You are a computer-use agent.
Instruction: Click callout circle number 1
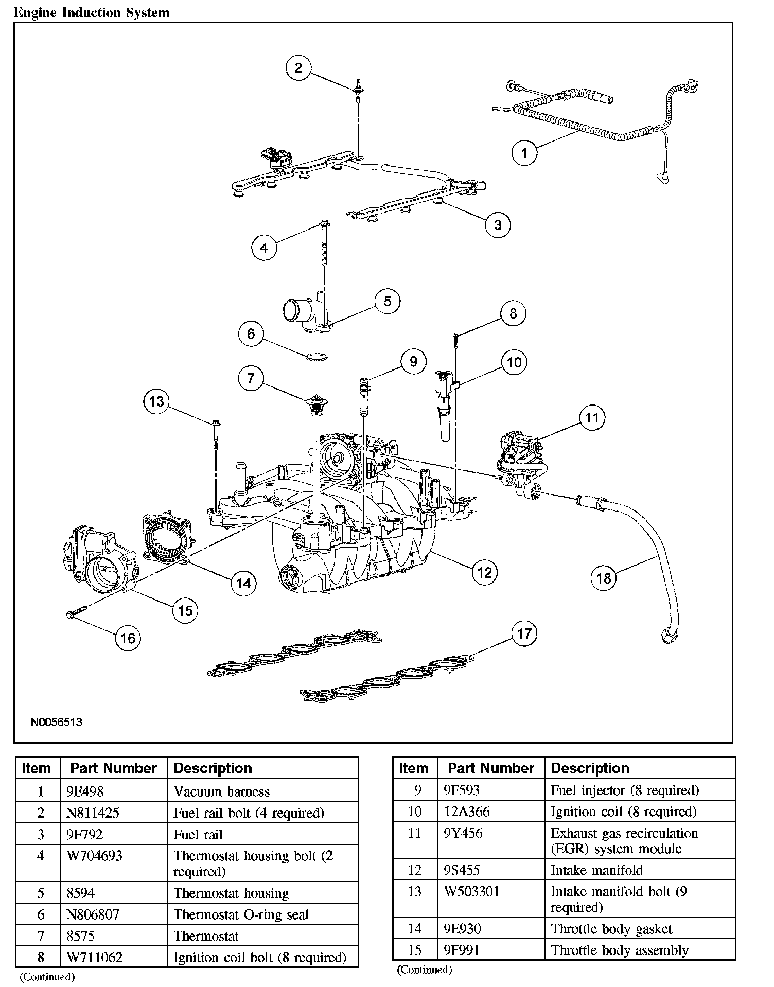[x=524, y=153]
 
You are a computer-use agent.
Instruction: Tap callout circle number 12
[x=485, y=572]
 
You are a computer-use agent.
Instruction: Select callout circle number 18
[x=604, y=578]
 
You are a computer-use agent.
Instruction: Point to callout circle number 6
[x=251, y=334]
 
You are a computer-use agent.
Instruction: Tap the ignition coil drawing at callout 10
[x=444, y=404]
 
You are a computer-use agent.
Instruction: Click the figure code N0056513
[x=57, y=722]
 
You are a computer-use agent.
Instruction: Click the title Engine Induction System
[x=92, y=12]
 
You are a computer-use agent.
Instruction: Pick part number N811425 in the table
[x=93, y=813]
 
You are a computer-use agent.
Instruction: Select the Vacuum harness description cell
[x=221, y=791]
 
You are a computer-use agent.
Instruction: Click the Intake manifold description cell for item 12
[x=596, y=870]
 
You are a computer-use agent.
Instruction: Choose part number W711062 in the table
[x=95, y=957]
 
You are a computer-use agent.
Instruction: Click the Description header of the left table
[x=213, y=768]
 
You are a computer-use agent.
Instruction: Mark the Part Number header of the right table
[x=490, y=768]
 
